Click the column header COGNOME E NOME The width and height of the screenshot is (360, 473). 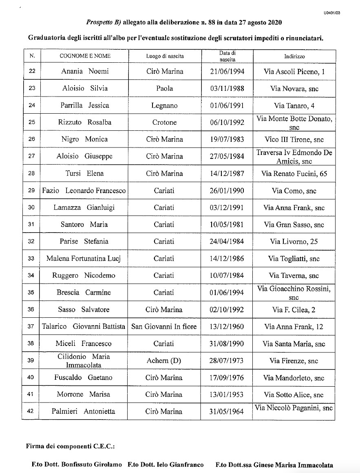[85, 56]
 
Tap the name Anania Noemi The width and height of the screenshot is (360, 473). [85, 71]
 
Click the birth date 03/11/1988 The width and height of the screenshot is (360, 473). [227, 88]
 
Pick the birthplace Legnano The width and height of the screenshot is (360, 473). [165, 106]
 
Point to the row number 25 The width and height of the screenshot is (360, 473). [31, 122]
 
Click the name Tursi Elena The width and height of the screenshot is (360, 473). [85, 174]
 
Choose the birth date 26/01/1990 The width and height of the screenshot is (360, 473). [227, 191]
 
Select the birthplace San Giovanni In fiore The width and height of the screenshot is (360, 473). [164, 326]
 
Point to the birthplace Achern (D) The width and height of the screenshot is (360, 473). [165, 361]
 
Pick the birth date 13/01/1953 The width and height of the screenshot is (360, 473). [227, 394]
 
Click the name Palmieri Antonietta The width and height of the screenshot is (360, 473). [85, 411]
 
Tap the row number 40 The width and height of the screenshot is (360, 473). [31, 377]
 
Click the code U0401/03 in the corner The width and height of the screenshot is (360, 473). [332, 13]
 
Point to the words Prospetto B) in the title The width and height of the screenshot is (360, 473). [98, 23]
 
